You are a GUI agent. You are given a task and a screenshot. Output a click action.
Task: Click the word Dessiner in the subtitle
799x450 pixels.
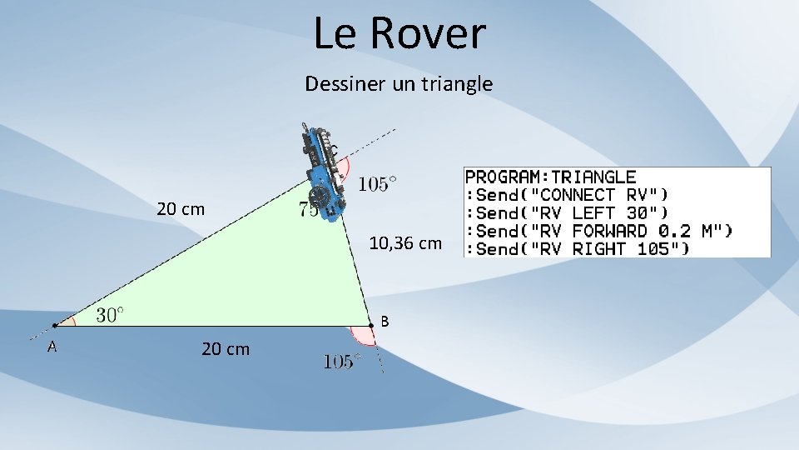click(x=340, y=83)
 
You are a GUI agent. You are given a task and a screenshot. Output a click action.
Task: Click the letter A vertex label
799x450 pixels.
click(x=52, y=347)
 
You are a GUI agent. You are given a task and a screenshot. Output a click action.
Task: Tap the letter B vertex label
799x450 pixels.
click(x=384, y=321)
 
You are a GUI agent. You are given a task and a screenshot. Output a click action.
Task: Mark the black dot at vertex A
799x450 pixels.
click(x=54, y=325)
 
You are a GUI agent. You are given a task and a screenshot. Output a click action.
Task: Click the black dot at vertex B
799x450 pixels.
click(x=371, y=325)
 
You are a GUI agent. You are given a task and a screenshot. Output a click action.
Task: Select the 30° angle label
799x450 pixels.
click(x=110, y=314)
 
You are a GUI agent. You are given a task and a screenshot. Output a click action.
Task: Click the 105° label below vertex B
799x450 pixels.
click(x=342, y=362)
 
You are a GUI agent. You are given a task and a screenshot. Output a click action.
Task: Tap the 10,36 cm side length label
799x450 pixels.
click(x=405, y=243)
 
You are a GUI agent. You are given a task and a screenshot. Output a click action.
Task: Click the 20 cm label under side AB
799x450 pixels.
click(x=225, y=349)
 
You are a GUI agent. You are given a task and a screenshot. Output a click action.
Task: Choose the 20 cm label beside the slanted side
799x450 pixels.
click(x=181, y=209)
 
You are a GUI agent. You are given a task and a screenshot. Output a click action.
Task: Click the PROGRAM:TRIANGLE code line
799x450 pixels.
click(x=550, y=177)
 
